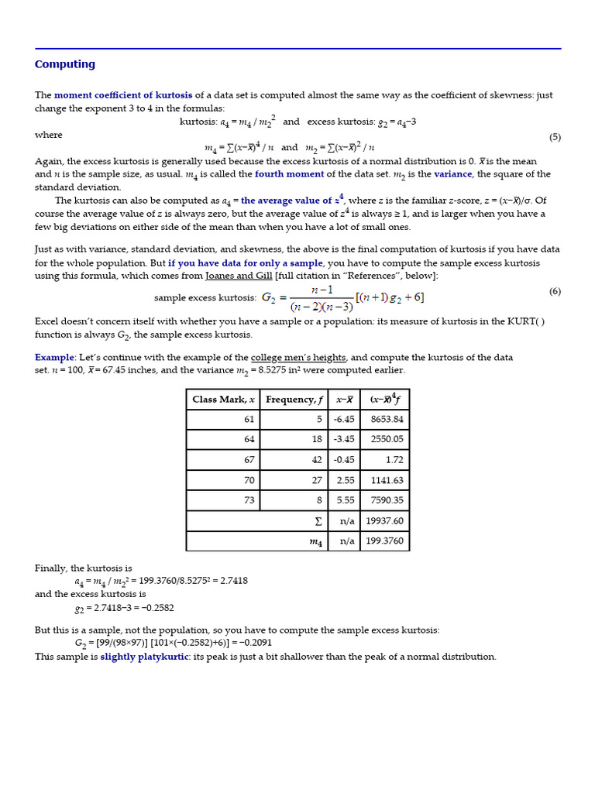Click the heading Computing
pos(65,64)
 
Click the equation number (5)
pos(555,137)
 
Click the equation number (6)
pos(555,291)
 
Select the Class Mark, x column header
pos(223,400)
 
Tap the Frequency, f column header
pos(294,400)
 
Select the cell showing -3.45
pos(343,439)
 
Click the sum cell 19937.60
pos(384,521)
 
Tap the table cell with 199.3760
pos(384,541)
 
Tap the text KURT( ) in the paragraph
pos(526,321)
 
